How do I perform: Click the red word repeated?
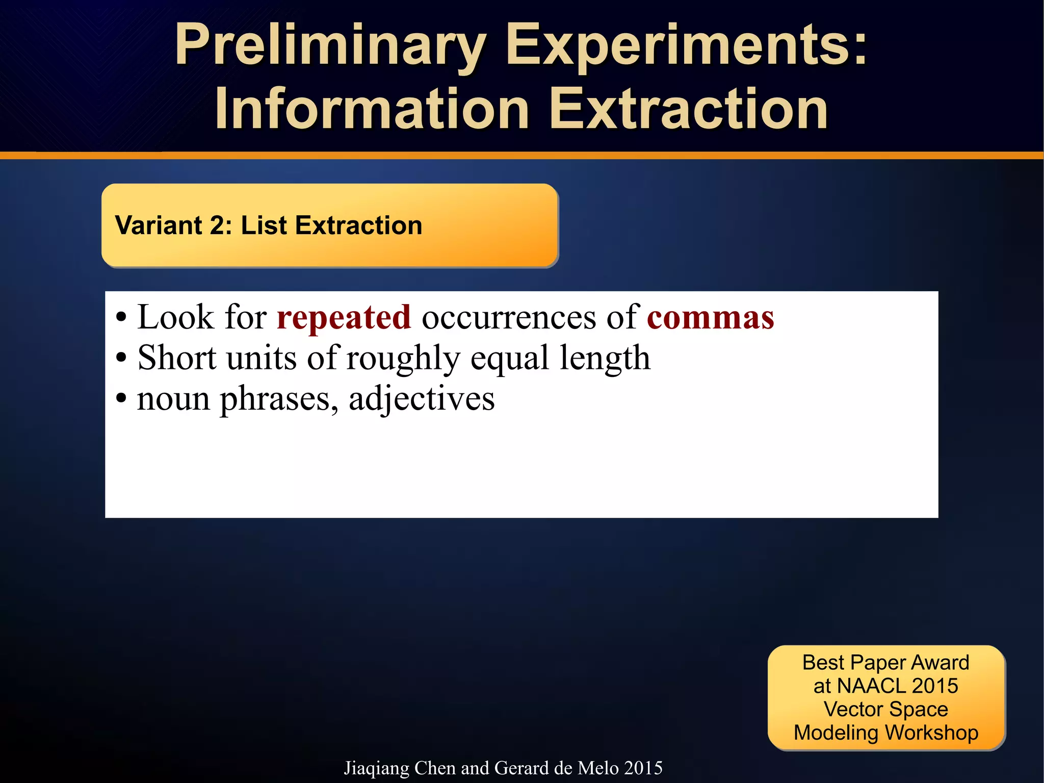[x=344, y=317]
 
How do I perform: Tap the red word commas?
[x=711, y=317]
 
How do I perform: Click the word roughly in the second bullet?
[x=403, y=358]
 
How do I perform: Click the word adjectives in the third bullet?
[x=422, y=399]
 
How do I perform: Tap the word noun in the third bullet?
[x=173, y=399]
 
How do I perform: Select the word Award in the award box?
[x=941, y=663]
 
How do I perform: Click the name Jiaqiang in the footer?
[x=376, y=768]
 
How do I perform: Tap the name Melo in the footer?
[x=598, y=768]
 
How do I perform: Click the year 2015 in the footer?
[x=643, y=768]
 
